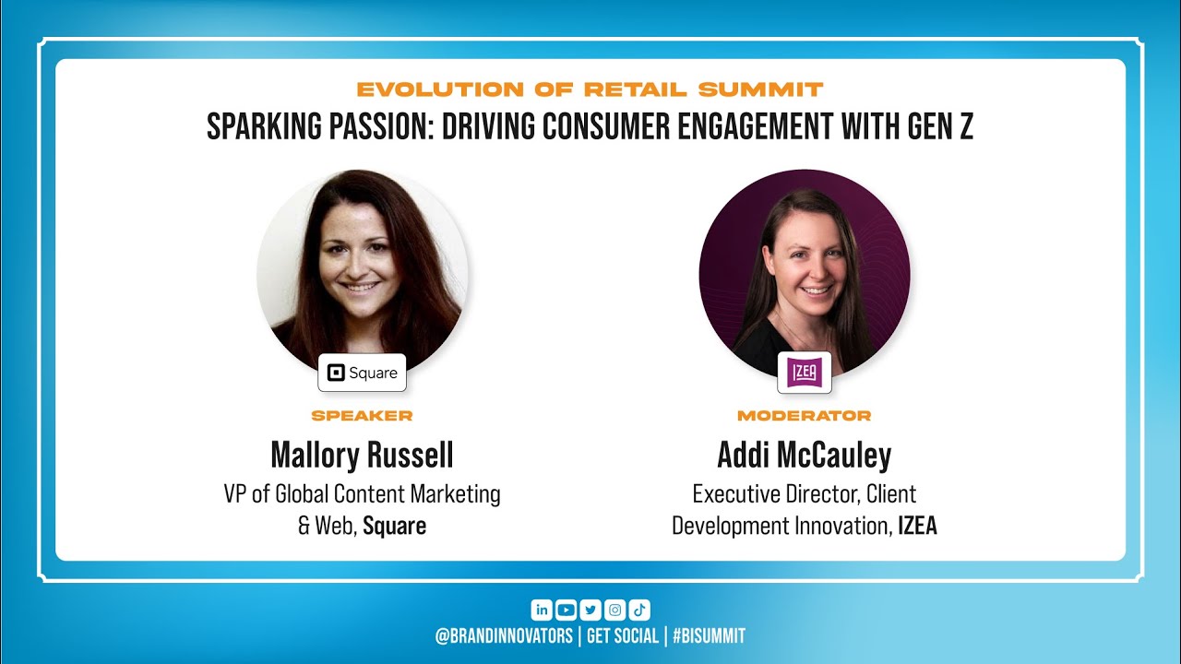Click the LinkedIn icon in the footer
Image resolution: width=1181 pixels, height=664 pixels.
point(542,610)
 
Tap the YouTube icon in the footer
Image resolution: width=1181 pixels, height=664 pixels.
point(566,610)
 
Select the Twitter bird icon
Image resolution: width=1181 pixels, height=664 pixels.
point(590,610)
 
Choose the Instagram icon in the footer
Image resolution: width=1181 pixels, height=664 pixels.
point(615,610)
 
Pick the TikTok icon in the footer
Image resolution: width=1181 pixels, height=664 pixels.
point(640,610)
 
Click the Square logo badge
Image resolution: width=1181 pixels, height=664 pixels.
point(363,373)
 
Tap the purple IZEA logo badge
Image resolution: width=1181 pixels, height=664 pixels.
point(805,372)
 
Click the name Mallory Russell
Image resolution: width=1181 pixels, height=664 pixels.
point(362,455)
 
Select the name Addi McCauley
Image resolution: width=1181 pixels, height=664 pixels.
point(805,455)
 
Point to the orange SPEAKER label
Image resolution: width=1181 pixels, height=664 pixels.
point(362,416)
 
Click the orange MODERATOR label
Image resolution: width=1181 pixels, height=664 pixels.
point(805,416)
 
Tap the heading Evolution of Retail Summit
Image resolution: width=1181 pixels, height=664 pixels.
point(590,89)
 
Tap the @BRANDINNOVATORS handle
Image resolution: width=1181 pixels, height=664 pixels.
point(504,635)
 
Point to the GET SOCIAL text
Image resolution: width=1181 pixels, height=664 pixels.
point(623,635)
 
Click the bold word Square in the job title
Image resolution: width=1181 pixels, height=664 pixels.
point(394,527)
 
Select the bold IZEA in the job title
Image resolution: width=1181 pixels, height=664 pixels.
point(917,527)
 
